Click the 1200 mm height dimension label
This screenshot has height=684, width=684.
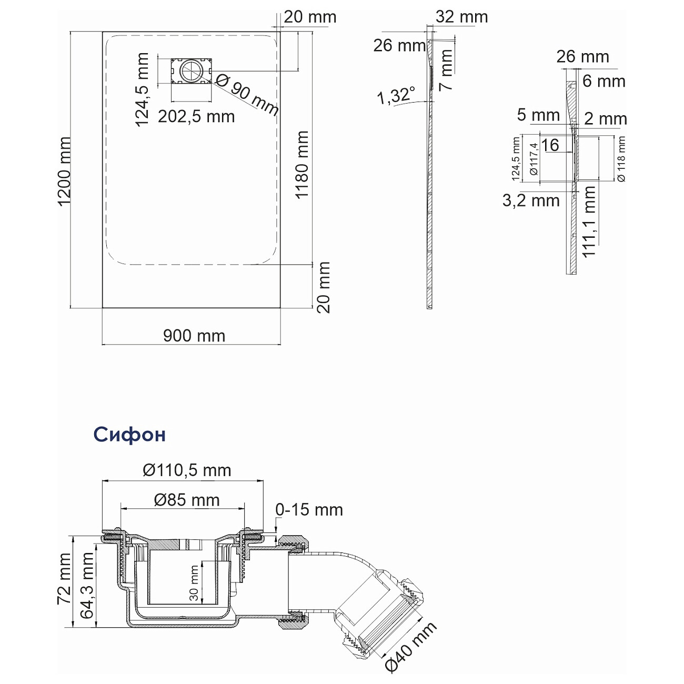[65, 172]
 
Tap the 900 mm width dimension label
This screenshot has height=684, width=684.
[194, 336]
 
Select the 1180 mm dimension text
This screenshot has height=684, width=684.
[301, 165]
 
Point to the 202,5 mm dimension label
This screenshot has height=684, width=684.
[196, 116]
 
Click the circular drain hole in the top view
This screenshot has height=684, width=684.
[190, 71]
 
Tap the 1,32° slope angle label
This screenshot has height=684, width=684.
[395, 96]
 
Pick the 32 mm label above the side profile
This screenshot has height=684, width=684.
[461, 17]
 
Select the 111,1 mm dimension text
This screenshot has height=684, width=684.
[590, 221]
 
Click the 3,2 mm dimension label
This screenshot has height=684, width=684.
[530, 200]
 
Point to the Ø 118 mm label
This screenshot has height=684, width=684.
[622, 159]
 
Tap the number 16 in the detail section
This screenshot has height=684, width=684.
[550, 145]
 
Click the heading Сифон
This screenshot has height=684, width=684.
[129, 435]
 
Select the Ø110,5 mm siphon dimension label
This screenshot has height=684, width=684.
[187, 470]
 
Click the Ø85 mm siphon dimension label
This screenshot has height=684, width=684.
[187, 500]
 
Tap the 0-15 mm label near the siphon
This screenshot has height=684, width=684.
[309, 509]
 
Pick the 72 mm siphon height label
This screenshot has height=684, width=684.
[64, 579]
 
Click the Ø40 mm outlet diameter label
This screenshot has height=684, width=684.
[410, 647]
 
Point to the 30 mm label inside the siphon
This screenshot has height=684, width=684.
[194, 583]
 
